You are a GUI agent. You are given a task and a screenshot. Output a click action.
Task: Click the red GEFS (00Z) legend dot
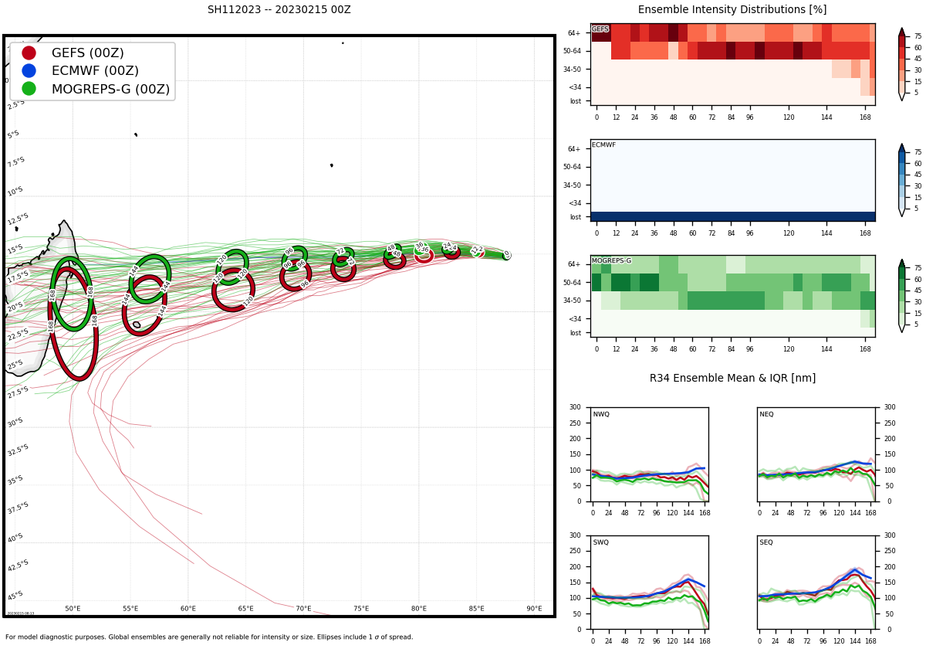click(29, 53)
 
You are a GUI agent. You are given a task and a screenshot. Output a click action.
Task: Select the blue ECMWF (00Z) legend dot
click(29, 70)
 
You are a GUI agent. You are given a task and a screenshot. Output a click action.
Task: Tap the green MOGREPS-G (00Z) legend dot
click(29, 89)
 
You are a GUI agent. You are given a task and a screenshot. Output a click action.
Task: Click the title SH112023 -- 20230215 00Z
click(279, 10)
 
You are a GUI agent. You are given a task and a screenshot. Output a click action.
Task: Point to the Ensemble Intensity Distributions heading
click(732, 10)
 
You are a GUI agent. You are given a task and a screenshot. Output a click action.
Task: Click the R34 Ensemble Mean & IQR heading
click(732, 379)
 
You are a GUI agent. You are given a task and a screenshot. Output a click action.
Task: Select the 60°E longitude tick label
click(188, 609)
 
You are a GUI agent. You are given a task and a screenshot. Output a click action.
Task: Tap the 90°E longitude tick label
click(534, 609)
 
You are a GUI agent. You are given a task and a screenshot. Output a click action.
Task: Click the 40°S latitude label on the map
click(15, 538)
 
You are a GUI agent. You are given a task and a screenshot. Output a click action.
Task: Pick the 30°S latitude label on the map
click(15, 423)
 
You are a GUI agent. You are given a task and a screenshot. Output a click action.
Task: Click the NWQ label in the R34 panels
click(600, 415)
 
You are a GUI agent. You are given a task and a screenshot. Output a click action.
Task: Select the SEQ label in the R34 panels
click(765, 543)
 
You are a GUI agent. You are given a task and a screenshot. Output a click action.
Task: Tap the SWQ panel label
click(600, 543)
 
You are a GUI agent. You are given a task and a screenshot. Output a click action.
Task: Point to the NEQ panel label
click(765, 415)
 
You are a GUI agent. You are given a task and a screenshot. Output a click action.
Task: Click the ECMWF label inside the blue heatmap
click(603, 145)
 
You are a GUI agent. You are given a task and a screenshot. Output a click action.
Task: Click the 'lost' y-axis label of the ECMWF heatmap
click(575, 217)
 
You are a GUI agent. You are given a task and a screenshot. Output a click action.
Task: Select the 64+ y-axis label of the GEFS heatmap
click(574, 33)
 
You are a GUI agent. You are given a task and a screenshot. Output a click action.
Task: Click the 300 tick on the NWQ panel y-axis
click(574, 407)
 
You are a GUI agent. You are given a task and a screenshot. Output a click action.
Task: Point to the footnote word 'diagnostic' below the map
click(67, 637)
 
